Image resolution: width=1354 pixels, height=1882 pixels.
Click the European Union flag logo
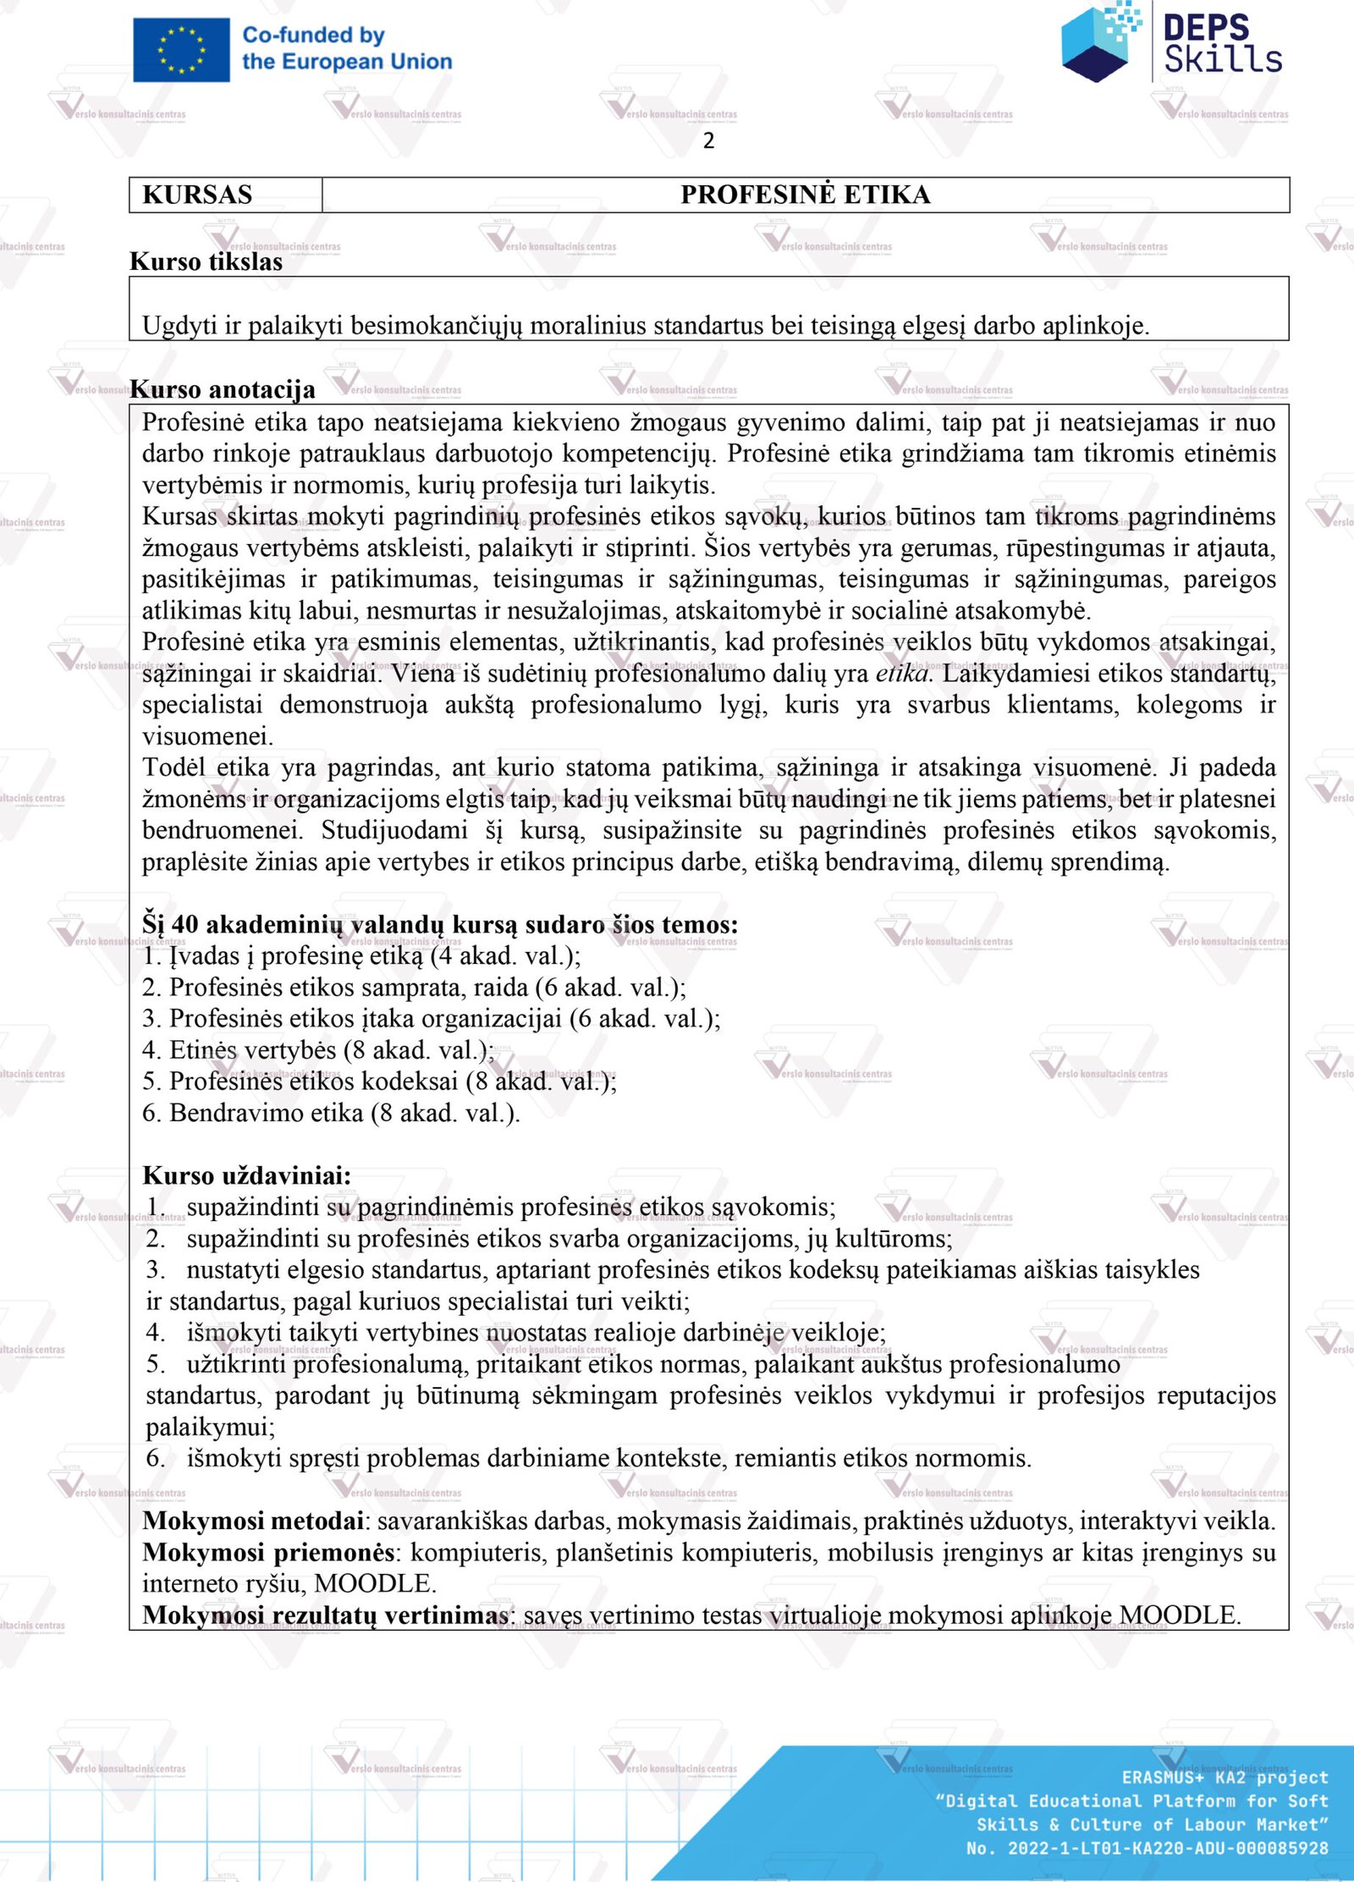181,50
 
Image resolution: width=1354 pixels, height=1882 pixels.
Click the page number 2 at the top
708,140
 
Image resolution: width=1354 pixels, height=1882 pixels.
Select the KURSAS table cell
198,195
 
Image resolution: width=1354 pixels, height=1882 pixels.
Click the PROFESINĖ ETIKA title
805,195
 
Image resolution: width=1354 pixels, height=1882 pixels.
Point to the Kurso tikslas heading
206,261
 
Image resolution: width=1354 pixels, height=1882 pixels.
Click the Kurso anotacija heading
223,389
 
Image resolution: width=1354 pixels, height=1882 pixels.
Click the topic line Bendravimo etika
331,1113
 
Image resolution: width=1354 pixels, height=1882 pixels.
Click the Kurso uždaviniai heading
246,1175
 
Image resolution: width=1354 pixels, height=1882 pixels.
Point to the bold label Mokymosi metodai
253,1521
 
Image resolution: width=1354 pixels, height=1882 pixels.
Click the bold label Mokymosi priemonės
269,1552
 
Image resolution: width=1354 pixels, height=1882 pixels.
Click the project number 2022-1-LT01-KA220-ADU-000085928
1168,1848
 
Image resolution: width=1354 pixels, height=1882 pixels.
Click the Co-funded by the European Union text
347,48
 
